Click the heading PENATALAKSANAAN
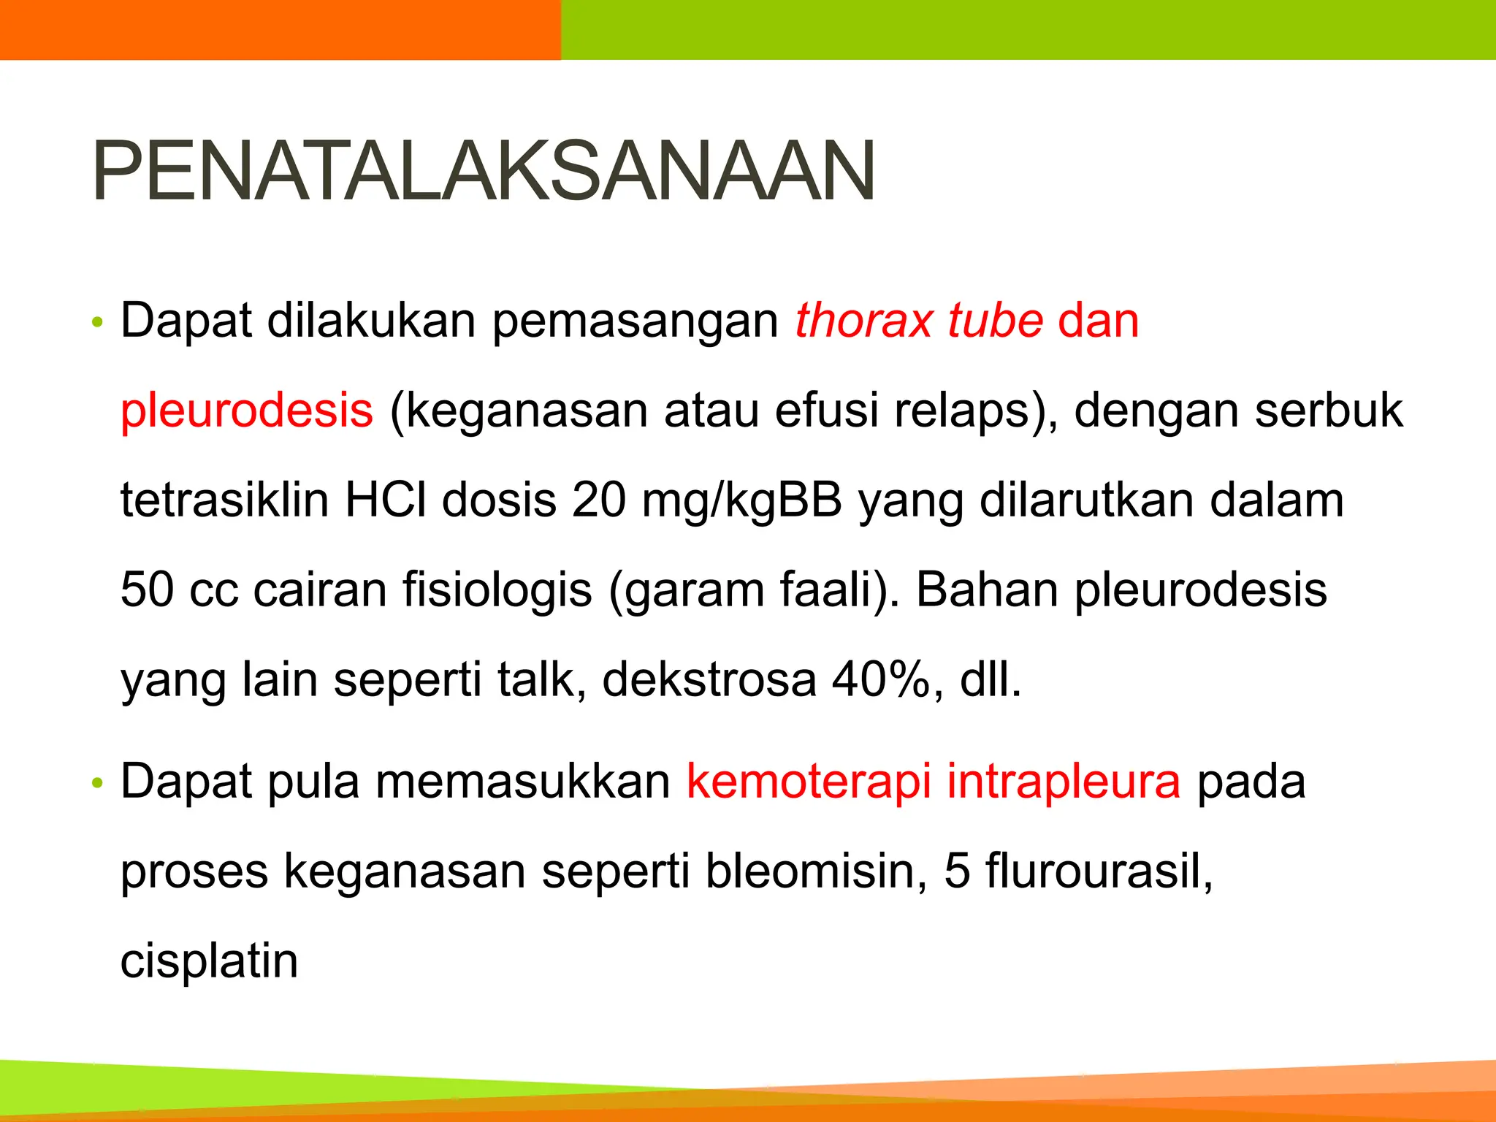point(483,172)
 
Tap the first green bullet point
point(98,322)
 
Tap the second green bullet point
point(98,784)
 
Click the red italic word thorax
point(863,321)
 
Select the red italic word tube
point(995,321)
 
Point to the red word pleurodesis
point(247,411)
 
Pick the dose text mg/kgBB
point(741,502)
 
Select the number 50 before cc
point(148,590)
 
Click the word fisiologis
point(497,590)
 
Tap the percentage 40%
point(879,679)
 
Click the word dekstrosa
point(709,679)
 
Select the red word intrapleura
point(1064,782)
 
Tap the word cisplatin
point(209,961)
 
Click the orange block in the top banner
point(280,29)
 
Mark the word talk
point(541,679)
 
